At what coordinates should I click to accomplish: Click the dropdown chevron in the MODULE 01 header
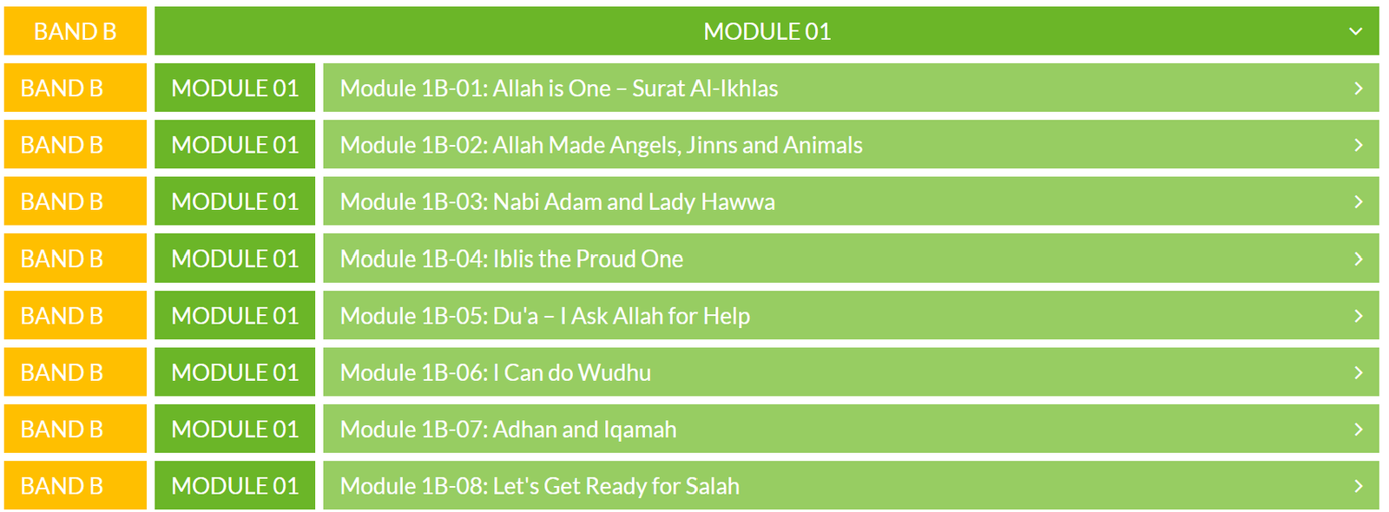[x=1355, y=31]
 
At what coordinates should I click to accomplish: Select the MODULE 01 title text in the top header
[x=767, y=31]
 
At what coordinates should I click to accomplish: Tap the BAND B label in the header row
[x=75, y=31]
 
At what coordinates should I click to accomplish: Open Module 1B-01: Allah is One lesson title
[x=559, y=89]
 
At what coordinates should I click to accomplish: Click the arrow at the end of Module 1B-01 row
[x=1359, y=89]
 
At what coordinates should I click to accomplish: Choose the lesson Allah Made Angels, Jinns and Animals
[x=601, y=145]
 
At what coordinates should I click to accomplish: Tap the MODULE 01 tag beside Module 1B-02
[x=235, y=145]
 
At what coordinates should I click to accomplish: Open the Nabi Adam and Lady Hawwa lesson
[x=557, y=202]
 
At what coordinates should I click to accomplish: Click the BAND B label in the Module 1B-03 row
[x=62, y=202]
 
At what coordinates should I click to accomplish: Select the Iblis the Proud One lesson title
[x=511, y=259]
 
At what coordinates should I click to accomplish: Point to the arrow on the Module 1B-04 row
[x=1359, y=259]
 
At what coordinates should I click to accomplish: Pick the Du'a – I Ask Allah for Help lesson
[x=545, y=316]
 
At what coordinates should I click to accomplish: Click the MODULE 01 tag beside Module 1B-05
[x=235, y=316]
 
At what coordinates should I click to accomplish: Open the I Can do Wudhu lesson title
[x=496, y=372]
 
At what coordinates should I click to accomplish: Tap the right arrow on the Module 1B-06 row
[x=1359, y=372]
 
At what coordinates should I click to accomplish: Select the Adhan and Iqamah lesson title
[x=509, y=430]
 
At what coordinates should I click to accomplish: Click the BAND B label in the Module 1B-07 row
[x=62, y=430]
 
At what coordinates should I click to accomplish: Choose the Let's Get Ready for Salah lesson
[x=539, y=487]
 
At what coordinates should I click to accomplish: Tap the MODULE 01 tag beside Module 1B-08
[x=235, y=487]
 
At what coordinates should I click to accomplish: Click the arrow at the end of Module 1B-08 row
[x=1359, y=487]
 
